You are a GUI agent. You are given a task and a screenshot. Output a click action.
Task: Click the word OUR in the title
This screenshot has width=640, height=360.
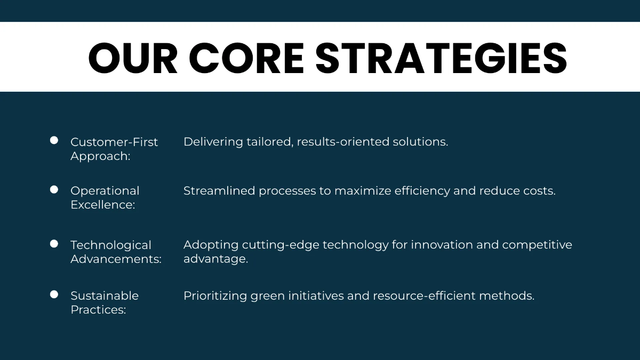(x=133, y=58)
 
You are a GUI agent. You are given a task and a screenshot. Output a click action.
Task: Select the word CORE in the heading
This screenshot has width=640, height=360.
(x=246, y=58)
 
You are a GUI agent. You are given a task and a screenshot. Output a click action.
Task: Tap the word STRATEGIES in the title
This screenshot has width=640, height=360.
(x=441, y=58)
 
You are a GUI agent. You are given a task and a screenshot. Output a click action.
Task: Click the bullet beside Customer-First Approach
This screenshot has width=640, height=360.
(x=54, y=140)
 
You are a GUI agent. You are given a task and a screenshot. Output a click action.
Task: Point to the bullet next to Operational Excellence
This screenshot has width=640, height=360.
(x=54, y=189)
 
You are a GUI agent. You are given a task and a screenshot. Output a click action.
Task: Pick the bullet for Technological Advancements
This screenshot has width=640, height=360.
(x=54, y=244)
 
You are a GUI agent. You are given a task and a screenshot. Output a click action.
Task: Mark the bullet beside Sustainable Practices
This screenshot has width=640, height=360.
(x=54, y=294)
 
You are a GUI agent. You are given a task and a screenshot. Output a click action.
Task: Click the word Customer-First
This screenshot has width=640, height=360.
(x=114, y=142)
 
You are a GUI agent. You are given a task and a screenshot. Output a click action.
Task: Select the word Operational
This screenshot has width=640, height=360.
(x=105, y=191)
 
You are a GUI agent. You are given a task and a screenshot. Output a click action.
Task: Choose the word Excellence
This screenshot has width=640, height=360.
(x=102, y=205)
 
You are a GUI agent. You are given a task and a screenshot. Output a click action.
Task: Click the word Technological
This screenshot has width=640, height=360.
(x=111, y=245)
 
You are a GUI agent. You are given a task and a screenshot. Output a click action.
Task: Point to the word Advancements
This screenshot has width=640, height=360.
(x=116, y=259)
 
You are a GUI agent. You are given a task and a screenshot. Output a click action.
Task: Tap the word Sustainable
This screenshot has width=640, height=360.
(x=105, y=295)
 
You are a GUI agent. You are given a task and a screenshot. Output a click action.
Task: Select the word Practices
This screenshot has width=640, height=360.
(x=98, y=310)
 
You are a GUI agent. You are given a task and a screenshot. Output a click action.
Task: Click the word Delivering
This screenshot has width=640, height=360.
(x=213, y=142)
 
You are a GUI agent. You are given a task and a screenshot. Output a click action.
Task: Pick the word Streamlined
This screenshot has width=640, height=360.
(x=219, y=191)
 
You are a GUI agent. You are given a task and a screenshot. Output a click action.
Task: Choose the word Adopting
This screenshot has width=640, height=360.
(x=211, y=245)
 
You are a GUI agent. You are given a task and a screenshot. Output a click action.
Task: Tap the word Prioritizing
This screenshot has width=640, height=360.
(x=215, y=296)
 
